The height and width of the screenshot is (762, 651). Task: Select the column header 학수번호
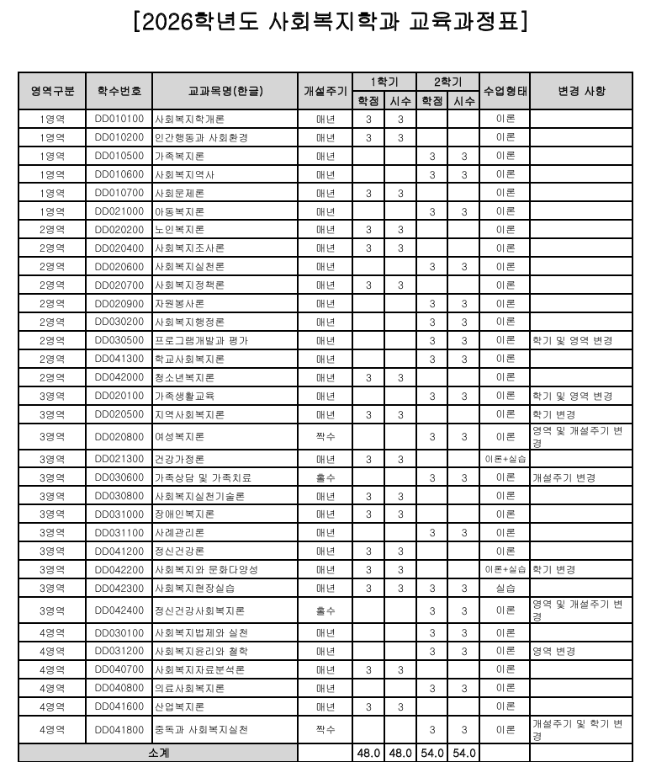click(x=119, y=91)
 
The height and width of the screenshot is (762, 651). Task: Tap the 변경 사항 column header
click(x=581, y=91)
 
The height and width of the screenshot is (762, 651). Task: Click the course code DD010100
click(x=119, y=119)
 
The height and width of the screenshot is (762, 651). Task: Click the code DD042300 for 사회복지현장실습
click(x=119, y=588)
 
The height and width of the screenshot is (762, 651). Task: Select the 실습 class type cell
click(x=505, y=588)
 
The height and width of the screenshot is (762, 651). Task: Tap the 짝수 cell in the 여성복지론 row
click(x=325, y=436)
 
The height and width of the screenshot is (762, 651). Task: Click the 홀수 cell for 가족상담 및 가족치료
click(x=325, y=477)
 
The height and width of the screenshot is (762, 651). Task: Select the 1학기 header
click(x=384, y=82)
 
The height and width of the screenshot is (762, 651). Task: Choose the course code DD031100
click(x=119, y=532)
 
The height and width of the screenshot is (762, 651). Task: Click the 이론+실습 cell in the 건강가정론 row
click(x=505, y=459)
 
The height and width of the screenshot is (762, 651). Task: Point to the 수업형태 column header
click(x=505, y=91)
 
